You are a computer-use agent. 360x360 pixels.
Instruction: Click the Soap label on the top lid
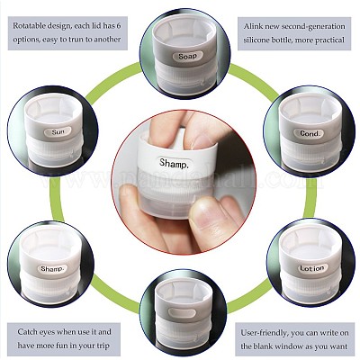(x=187, y=56)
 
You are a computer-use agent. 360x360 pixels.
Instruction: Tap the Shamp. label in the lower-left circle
(x=51, y=268)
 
